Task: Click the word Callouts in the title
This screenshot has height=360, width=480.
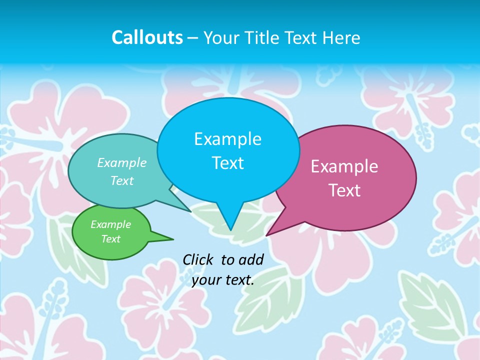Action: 147,37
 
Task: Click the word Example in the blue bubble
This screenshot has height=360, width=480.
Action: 227,139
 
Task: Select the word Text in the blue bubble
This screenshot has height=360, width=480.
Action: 227,163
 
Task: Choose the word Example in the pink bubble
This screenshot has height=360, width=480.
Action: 344,166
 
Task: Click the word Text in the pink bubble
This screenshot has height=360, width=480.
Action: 344,190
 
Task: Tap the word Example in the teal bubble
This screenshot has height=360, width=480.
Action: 122,162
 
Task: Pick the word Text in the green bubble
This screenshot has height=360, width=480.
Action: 111,239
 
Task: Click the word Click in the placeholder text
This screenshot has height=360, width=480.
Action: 198,259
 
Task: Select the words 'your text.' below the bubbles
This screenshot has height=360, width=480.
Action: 223,280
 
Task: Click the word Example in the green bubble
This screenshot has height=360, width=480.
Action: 111,224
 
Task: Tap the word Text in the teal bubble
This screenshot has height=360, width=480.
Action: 122,180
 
